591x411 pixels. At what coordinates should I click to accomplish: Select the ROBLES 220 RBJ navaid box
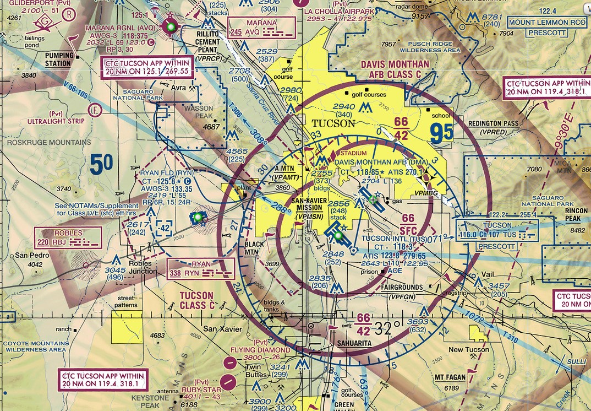(x=68, y=237)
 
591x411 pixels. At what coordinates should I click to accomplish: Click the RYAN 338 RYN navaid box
(x=200, y=268)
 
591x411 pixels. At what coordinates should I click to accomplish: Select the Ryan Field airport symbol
(x=198, y=218)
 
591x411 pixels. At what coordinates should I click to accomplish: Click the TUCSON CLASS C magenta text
(x=197, y=300)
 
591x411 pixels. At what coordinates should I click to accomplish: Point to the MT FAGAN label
(x=451, y=378)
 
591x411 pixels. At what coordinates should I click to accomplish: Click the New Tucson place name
(x=468, y=350)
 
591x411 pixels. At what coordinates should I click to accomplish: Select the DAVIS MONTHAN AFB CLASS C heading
(x=395, y=69)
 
